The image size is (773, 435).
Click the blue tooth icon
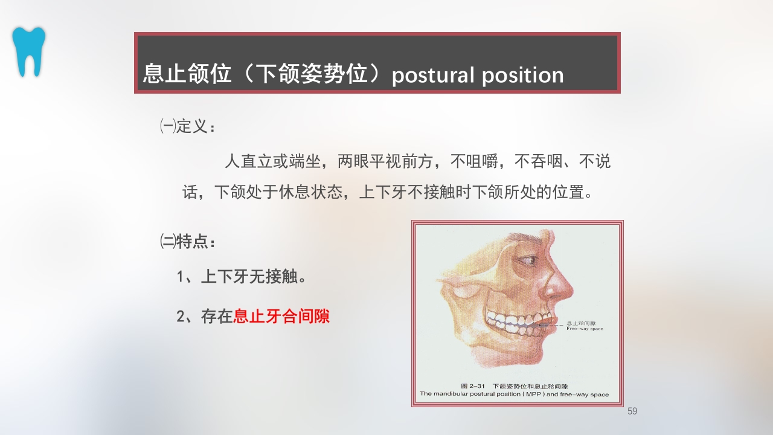click(x=28, y=51)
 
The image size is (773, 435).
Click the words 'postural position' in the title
click(x=477, y=75)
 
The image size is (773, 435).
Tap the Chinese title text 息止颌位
click(x=187, y=74)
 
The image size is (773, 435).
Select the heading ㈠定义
click(x=187, y=127)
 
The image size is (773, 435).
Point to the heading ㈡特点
click(x=187, y=242)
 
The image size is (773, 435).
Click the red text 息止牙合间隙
click(x=281, y=316)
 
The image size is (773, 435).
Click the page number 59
click(x=632, y=411)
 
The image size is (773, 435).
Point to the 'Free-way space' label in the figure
click(x=584, y=329)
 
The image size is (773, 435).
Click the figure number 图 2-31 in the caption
click(x=473, y=385)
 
